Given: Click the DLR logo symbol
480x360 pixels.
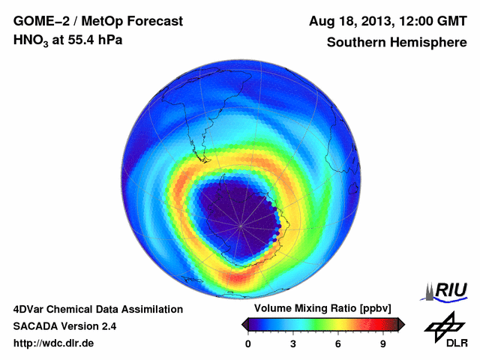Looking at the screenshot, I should [445, 325].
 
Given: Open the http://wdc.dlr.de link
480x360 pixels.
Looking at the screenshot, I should [54, 343].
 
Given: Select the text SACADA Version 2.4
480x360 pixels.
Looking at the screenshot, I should [65, 326].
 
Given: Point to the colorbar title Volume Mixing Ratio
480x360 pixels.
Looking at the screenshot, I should [308, 309].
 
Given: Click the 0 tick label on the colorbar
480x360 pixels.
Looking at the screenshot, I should [248, 343].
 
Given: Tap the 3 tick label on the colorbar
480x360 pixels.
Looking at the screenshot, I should [293, 343].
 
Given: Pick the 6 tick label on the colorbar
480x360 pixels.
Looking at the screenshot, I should [338, 343].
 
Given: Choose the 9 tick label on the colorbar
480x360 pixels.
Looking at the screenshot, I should [383, 343].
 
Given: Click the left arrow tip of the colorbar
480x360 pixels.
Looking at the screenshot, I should [243, 324].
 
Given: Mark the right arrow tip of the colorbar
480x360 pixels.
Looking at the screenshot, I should [403, 324].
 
